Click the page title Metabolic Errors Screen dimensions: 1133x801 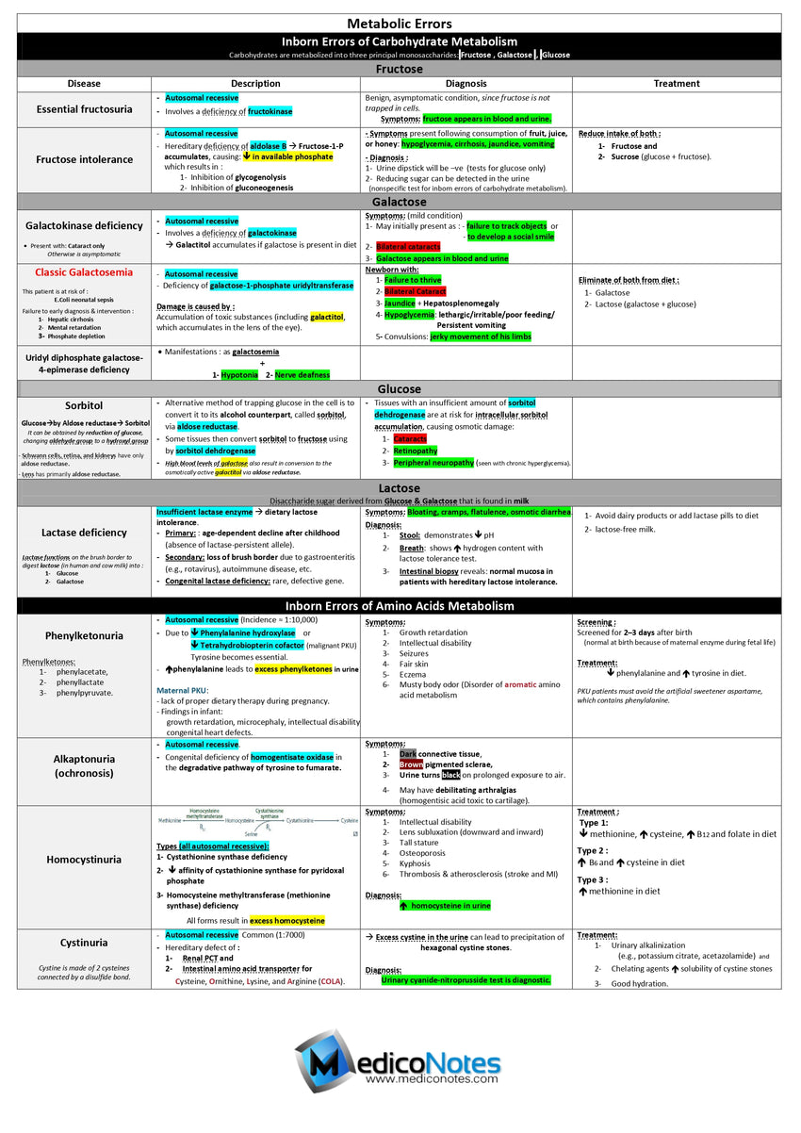[x=400, y=24]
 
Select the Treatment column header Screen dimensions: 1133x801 [x=677, y=83]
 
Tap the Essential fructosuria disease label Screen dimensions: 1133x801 [x=85, y=109]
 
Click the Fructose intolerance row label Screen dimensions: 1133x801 [x=85, y=159]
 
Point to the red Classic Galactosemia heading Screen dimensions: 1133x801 [x=85, y=272]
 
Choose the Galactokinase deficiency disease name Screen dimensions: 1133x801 [x=85, y=225]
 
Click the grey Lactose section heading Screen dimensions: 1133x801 [x=400, y=487]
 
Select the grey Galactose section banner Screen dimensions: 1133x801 [x=400, y=202]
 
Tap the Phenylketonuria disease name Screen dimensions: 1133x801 [x=85, y=635]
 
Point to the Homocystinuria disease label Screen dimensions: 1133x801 [x=85, y=859]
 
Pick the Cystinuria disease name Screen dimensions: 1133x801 [x=85, y=942]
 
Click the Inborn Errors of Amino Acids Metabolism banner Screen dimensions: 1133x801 [x=400, y=605]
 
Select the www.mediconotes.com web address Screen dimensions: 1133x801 [x=432, y=1078]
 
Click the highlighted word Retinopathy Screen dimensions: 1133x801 [x=416, y=451]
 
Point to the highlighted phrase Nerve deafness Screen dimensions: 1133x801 [x=302, y=374]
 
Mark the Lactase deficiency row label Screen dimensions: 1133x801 [x=85, y=533]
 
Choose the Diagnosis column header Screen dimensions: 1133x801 [x=466, y=83]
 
